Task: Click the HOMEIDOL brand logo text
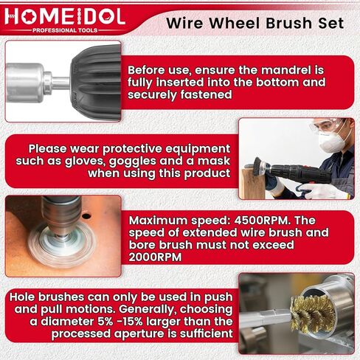[65, 16]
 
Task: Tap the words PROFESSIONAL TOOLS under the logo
[65, 30]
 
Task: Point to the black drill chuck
[96, 83]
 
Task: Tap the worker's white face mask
[333, 140]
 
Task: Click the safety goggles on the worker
[324, 126]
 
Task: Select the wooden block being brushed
[252, 183]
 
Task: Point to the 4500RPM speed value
[261, 221]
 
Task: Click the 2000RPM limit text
[155, 257]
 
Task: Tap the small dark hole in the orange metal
[86, 216]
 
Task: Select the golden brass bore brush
[313, 314]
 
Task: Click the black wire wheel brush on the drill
[258, 167]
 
